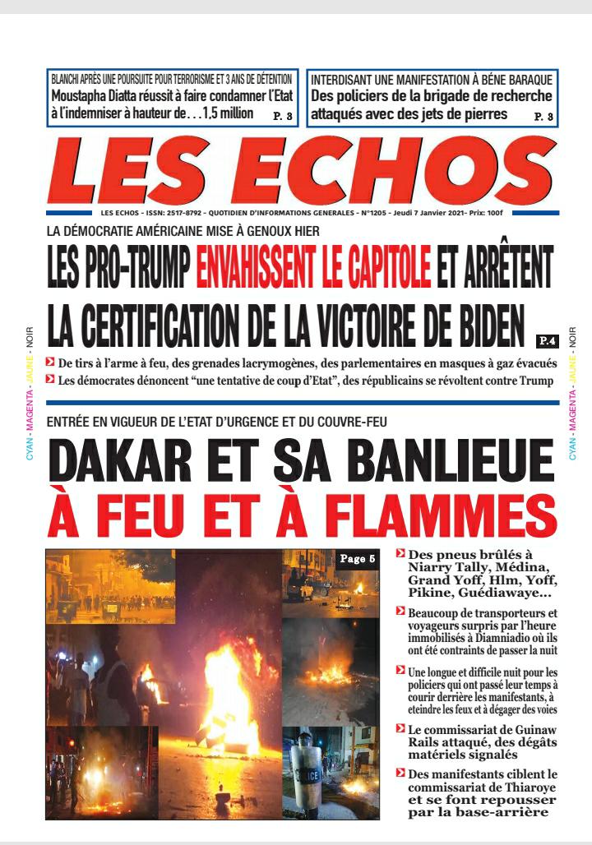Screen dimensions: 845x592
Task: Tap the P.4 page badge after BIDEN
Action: click(x=547, y=339)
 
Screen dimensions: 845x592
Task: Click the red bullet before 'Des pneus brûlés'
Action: click(x=400, y=553)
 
